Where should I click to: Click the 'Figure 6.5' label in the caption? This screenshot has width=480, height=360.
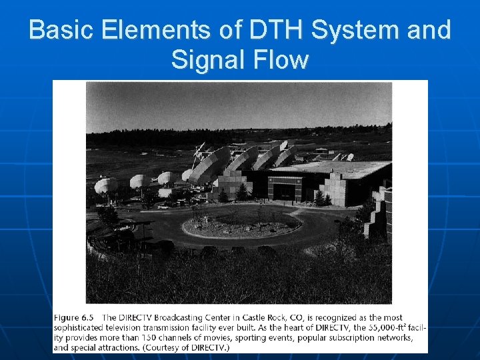[74, 317]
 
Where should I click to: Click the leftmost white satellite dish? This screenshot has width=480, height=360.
[105, 186]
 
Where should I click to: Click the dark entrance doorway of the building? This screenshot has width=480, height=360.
[284, 191]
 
